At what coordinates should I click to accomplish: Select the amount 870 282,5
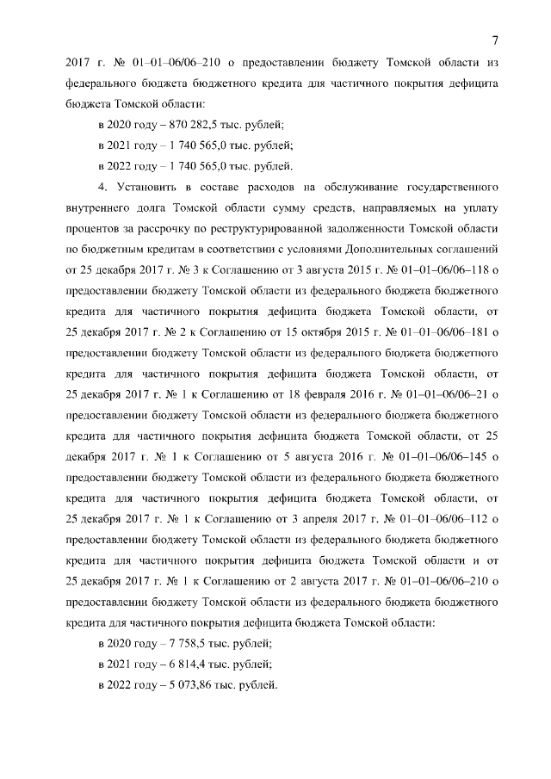pyautogui.click(x=169, y=126)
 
